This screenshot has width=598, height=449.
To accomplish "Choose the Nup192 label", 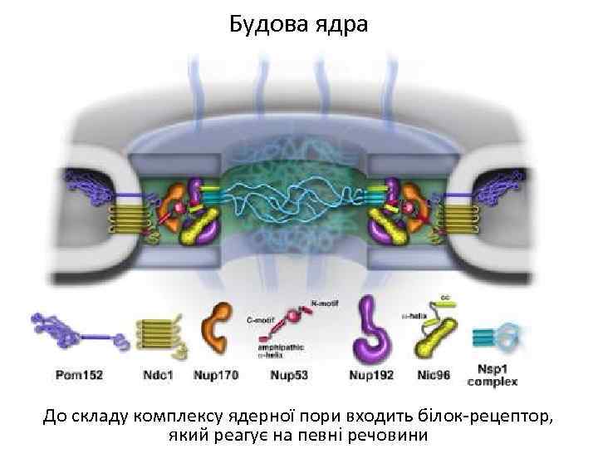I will [x=372, y=375].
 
